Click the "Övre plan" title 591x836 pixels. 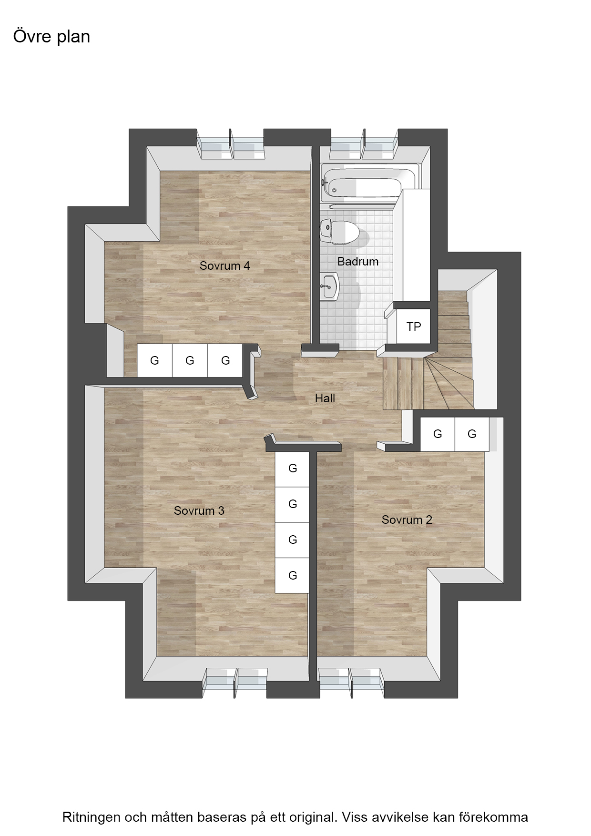tap(51, 37)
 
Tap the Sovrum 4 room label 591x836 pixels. tap(224, 266)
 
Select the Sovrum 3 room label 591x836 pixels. tap(199, 511)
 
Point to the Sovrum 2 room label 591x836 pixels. tap(407, 520)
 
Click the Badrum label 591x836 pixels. tap(357, 262)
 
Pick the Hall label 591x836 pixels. tap(325, 398)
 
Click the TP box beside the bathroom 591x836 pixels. tap(414, 326)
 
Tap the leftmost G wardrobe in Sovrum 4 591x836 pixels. tap(154, 361)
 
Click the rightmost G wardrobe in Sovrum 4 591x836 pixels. tap(225, 361)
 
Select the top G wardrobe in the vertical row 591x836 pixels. tap(293, 469)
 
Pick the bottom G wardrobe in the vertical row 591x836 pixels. tap(293, 575)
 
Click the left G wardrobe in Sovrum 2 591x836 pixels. tap(438, 434)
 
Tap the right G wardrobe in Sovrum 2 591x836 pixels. tap(472, 434)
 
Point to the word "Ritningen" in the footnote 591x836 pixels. tap(91, 817)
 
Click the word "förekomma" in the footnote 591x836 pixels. tap(493, 817)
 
